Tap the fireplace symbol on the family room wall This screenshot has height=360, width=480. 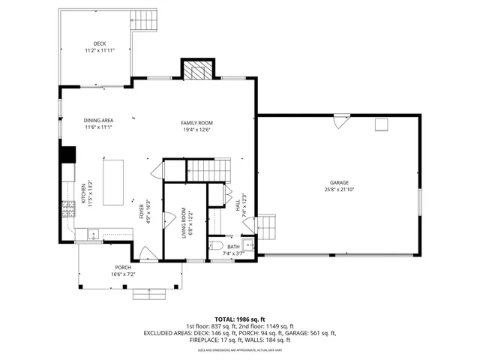[x=198, y=71]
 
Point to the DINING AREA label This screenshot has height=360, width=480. [x=98, y=120]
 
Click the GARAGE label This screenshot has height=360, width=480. [x=339, y=182]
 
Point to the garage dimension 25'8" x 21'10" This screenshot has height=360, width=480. [x=339, y=188]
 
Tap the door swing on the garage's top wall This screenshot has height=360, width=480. [x=341, y=120]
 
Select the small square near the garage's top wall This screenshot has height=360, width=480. [x=382, y=125]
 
